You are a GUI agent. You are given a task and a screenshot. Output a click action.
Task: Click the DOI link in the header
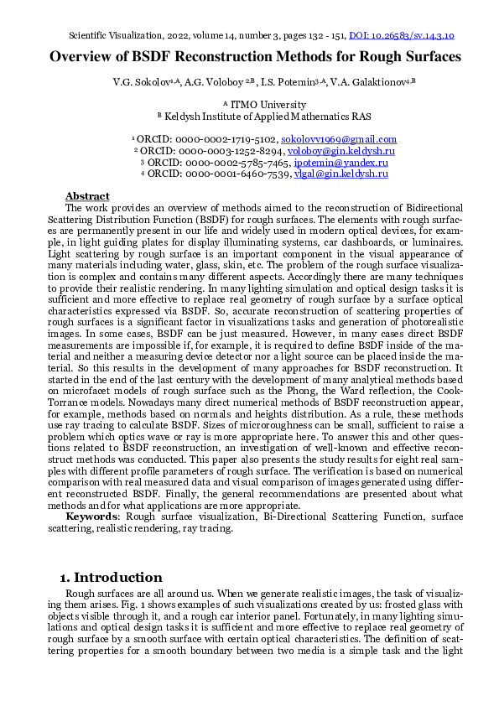(400, 36)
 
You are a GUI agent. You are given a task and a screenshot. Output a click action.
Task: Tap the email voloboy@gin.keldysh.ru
(341, 151)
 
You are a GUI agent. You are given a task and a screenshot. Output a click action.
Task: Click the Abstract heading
(87, 195)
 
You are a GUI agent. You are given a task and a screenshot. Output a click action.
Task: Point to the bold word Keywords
(92, 517)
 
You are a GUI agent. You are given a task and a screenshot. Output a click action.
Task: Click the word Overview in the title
(86, 57)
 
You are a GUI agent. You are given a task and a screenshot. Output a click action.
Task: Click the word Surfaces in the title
(426, 57)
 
